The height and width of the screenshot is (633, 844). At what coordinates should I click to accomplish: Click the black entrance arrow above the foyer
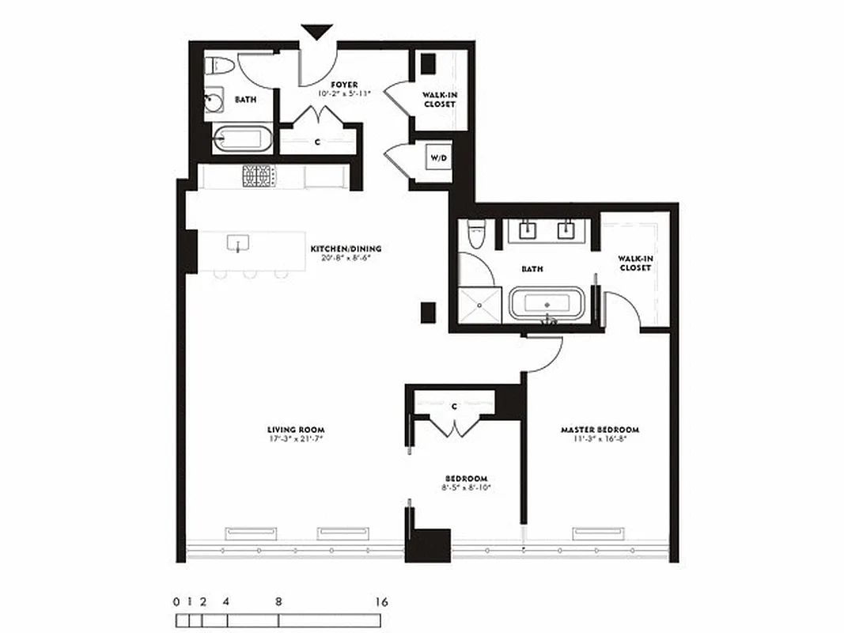(x=317, y=32)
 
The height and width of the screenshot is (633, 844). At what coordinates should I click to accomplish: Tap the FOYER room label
(x=344, y=85)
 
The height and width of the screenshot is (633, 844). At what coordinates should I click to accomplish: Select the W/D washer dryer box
(x=438, y=158)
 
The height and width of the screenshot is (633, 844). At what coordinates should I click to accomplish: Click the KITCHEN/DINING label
(x=340, y=248)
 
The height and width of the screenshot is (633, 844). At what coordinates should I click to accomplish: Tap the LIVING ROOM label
(x=296, y=430)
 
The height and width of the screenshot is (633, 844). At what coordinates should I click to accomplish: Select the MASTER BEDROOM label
(x=600, y=430)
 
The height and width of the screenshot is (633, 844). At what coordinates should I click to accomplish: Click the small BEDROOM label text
(x=466, y=478)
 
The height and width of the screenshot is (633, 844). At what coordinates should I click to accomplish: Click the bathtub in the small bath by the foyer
(x=243, y=140)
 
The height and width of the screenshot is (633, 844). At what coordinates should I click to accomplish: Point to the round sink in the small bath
(x=214, y=100)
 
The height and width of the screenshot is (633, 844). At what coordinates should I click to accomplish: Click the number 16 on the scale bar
(x=381, y=602)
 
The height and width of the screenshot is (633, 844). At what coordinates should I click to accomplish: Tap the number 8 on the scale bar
(x=278, y=602)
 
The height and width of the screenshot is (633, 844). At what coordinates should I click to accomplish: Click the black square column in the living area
(x=428, y=312)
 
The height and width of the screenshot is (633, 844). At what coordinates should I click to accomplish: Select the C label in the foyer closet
(x=317, y=142)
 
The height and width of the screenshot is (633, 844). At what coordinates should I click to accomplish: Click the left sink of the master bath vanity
(x=529, y=231)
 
